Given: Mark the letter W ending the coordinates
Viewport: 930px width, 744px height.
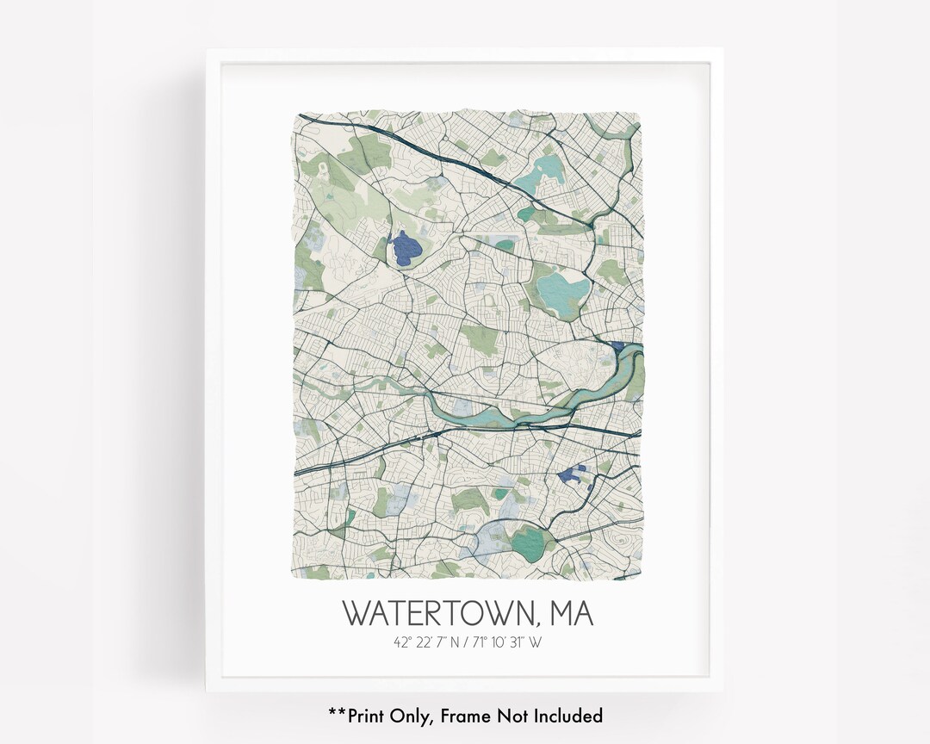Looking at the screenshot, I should [536, 642].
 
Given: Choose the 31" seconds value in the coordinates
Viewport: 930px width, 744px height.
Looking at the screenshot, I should [519, 642].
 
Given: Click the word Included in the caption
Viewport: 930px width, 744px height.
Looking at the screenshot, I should [567, 715].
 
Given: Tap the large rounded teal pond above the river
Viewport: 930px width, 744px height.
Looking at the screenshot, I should [561, 286].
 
